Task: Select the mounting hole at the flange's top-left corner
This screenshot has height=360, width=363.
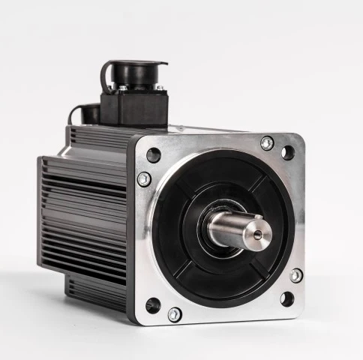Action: [154, 155]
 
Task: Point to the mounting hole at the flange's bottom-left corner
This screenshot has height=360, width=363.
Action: [153, 304]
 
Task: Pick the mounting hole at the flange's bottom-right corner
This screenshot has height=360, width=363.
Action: [286, 298]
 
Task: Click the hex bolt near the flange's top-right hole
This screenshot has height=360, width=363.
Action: [266, 142]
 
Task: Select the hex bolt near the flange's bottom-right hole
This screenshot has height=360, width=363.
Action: [295, 275]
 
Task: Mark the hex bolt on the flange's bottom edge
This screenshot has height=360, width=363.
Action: [175, 314]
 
